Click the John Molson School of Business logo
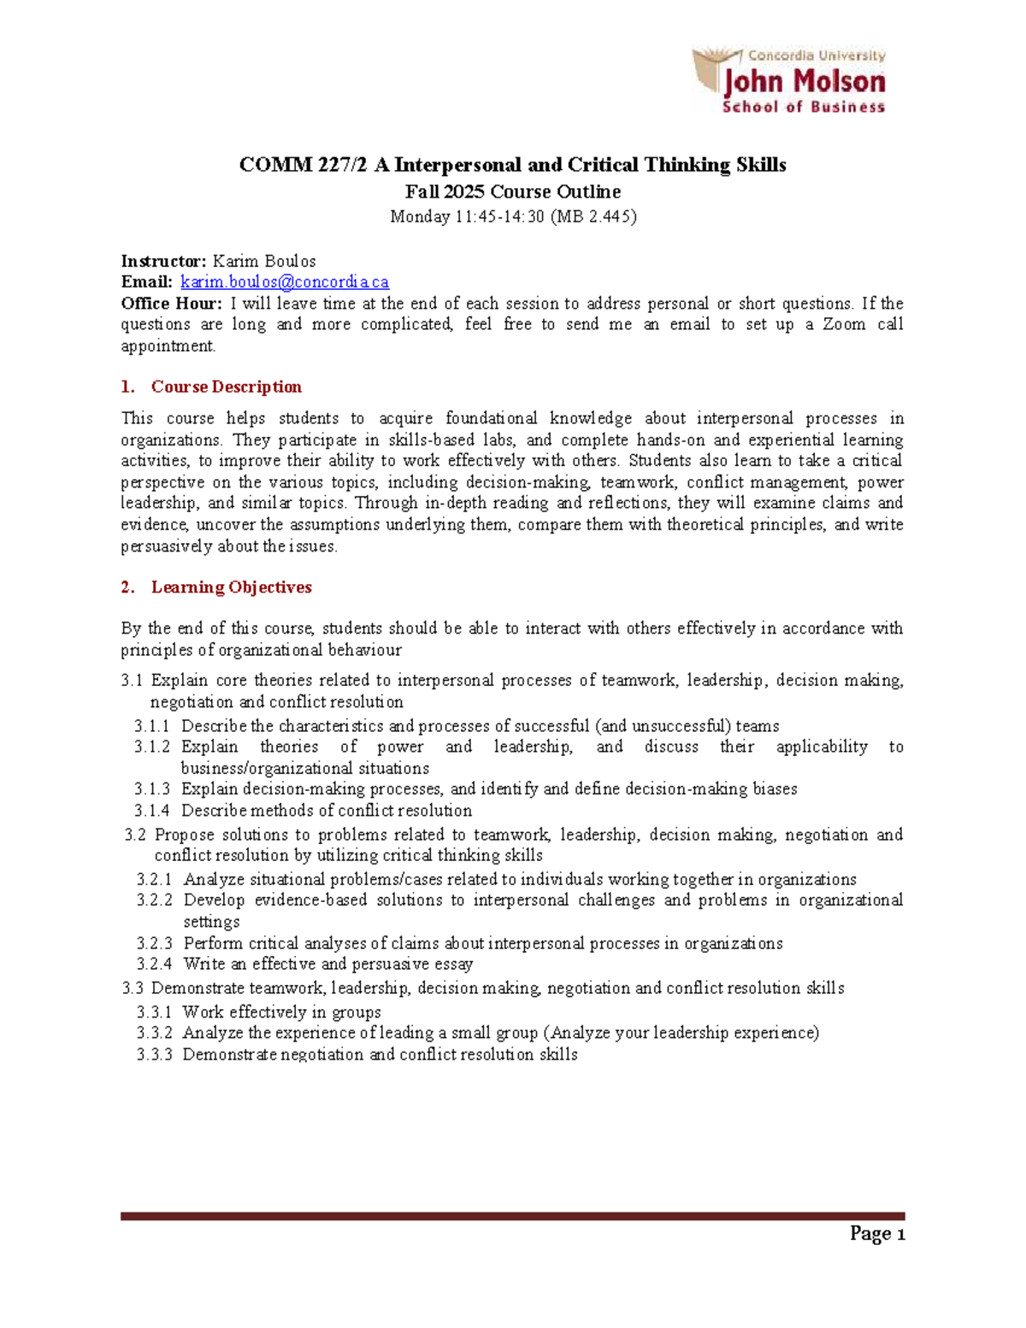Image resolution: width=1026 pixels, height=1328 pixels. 789,81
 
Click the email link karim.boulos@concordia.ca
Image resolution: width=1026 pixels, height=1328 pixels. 285,282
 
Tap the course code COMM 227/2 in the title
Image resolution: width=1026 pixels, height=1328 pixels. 303,165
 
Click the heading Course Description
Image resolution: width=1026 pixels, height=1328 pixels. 226,387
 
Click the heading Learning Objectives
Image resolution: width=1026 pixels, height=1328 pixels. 231,587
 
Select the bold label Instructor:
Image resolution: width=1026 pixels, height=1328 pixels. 163,261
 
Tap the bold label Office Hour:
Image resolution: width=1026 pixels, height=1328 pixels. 172,304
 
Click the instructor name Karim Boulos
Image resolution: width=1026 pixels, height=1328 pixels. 264,261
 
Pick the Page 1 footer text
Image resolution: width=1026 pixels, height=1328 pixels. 877,1234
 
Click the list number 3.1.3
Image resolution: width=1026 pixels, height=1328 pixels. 152,788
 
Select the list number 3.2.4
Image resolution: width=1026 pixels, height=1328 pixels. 154,964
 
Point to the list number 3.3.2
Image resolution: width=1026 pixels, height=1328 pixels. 154,1033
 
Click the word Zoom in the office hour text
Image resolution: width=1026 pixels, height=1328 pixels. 844,324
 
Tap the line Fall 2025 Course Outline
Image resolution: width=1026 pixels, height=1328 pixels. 512,192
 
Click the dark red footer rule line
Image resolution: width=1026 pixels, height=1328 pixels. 512,1215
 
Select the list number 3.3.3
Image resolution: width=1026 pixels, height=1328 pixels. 154,1054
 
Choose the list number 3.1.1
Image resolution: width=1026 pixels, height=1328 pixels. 152,726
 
